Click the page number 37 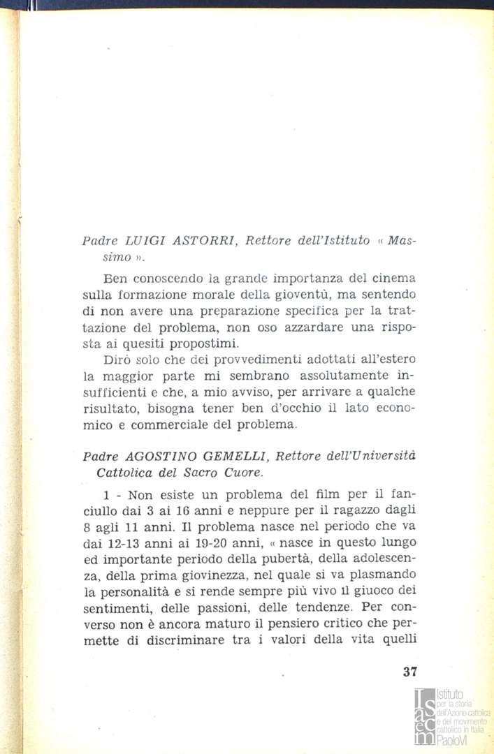410,673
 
